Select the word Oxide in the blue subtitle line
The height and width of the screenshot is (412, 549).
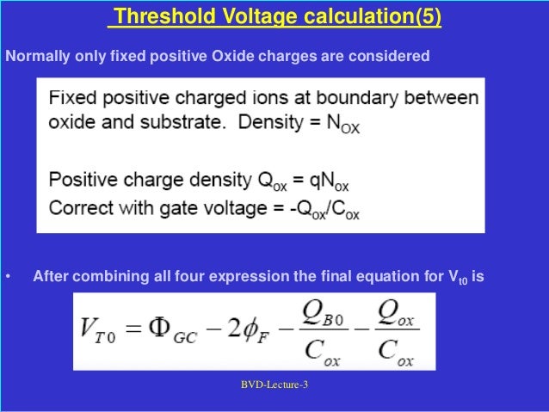coord(227,58)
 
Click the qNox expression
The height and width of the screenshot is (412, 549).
coord(328,181)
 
